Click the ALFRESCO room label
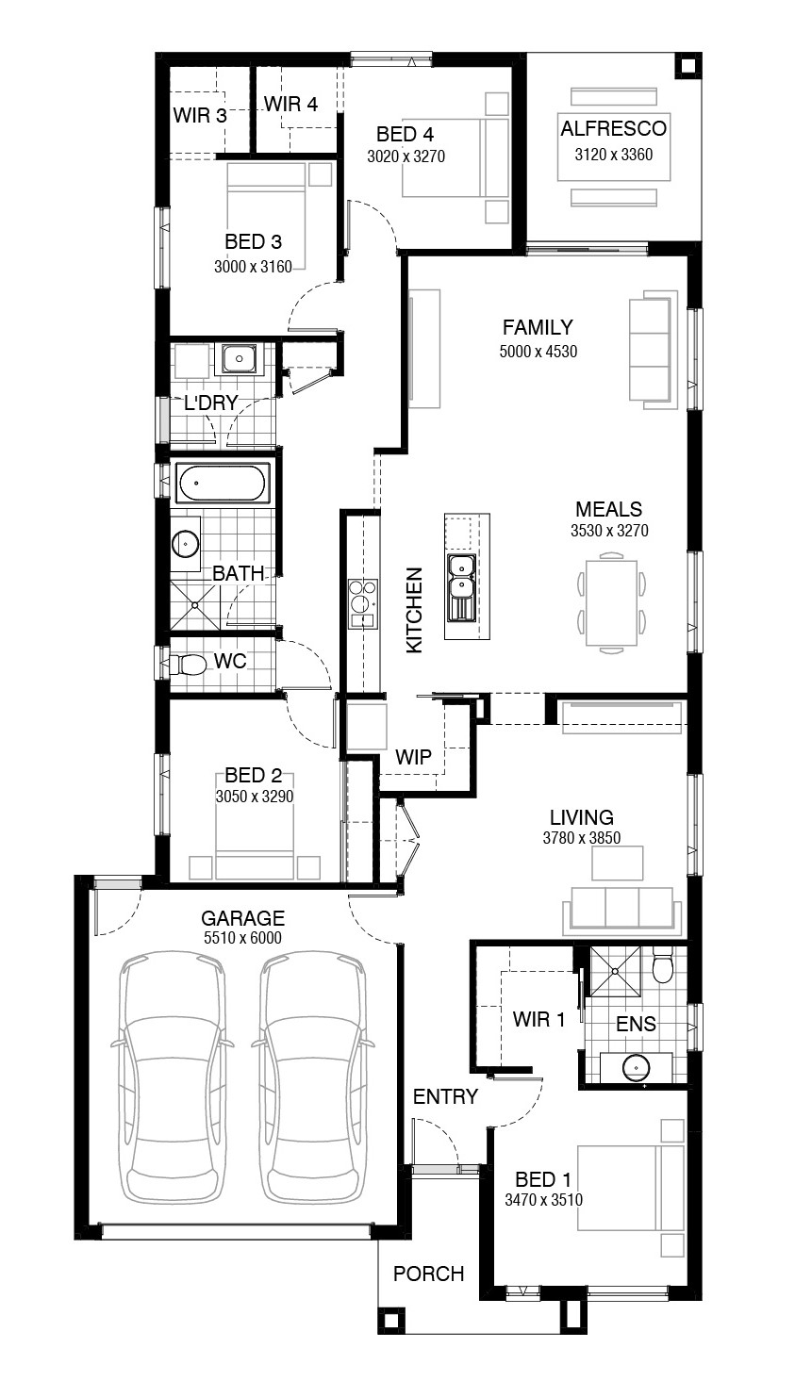pyautogui.click(x=613, y=128)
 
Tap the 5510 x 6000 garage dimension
pyautogui.click(x=242, y=938)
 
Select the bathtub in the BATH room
pyautogui.click(x=223, y=483)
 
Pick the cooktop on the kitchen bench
pyautogui.click(x=361, y=603)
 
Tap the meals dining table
pyautogui.click(x=610, y=601)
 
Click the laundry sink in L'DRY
pyautogui.click(x=239, y=358)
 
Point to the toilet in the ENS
pyautogui.click(x=662, y=968)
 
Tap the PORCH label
pyautogui.click(x=429, y=1274)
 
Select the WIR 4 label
pyautogui.click(x=290, y=105)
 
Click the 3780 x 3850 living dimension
pyautogui.click(x=582, y=837)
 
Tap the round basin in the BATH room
pyautogui.click(x=185, y=544)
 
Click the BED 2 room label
pyautogui.click(x=253, y=775)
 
